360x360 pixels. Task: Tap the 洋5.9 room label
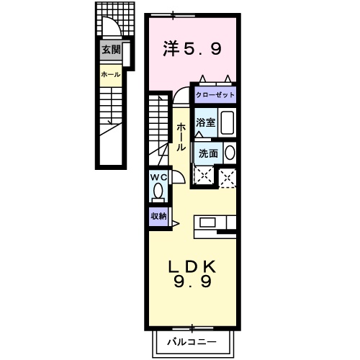[x=192, y=50]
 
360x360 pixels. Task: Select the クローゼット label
[x=215, y=94]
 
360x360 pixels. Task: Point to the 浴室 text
[x=205, y=122]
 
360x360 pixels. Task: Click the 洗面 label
[x=208, y=153]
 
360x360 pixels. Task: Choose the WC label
[x=158, y=177]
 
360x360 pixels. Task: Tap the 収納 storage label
[x=158, y=215]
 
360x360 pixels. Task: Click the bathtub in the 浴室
[x=227, y=122]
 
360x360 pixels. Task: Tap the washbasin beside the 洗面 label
[x=230, y=153]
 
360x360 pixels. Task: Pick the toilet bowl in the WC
[x=158, y=192]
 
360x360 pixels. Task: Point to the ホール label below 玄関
[x=110, y=74]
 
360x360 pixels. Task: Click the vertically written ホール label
[x=181, y=135]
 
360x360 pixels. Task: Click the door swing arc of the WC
[x=177, y=180]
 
